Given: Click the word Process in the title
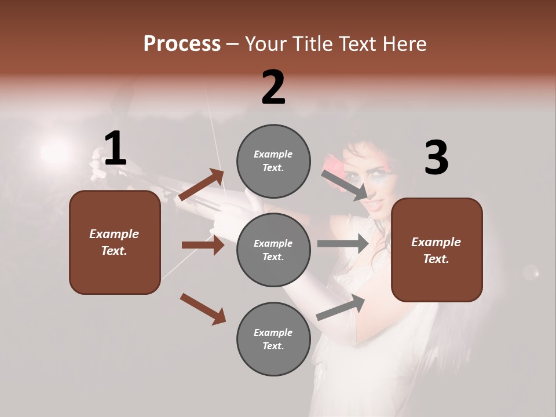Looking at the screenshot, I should coord(182,43).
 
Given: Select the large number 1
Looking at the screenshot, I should coord(115,149).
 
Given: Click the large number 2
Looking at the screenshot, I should coord(273,87).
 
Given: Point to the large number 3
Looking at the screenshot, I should coord(436,158).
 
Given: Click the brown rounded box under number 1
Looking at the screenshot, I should coord(115,242).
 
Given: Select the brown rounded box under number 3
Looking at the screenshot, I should coord(437,250).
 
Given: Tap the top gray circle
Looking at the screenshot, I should coord(273,161).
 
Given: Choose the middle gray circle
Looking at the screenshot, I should coord(273,250).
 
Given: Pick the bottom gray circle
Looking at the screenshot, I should coord(273,339).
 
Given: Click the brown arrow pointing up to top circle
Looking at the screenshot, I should coord(202,185).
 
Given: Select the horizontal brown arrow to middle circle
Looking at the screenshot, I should coord(203,245).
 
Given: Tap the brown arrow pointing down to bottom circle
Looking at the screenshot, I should coord(203,308).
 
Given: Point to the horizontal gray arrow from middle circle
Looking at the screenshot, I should coord(343,243).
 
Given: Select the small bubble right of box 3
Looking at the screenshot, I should coord(531,272).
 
